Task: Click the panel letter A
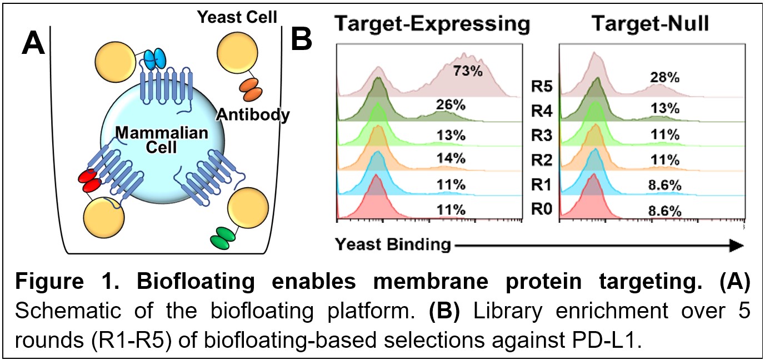[x=33, y=42]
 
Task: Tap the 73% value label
[x=468, y=71]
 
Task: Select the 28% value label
[x=664, y=78]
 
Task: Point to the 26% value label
[x=451, y=105]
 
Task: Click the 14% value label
[x=451, y=158]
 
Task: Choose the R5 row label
[x=542, y=86]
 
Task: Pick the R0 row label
[x=542, y=209]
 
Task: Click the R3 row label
[x=542, y=136]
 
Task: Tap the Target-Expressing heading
[x=432, y=24]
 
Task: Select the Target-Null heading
[x=651, y=23]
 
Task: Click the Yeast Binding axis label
[x=393, y=244]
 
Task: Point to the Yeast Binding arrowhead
[x=737, y=246]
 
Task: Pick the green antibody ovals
[x=223, y=238]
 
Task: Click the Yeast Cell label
[x=237, y=17]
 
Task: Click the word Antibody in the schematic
[x=253, y=115]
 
